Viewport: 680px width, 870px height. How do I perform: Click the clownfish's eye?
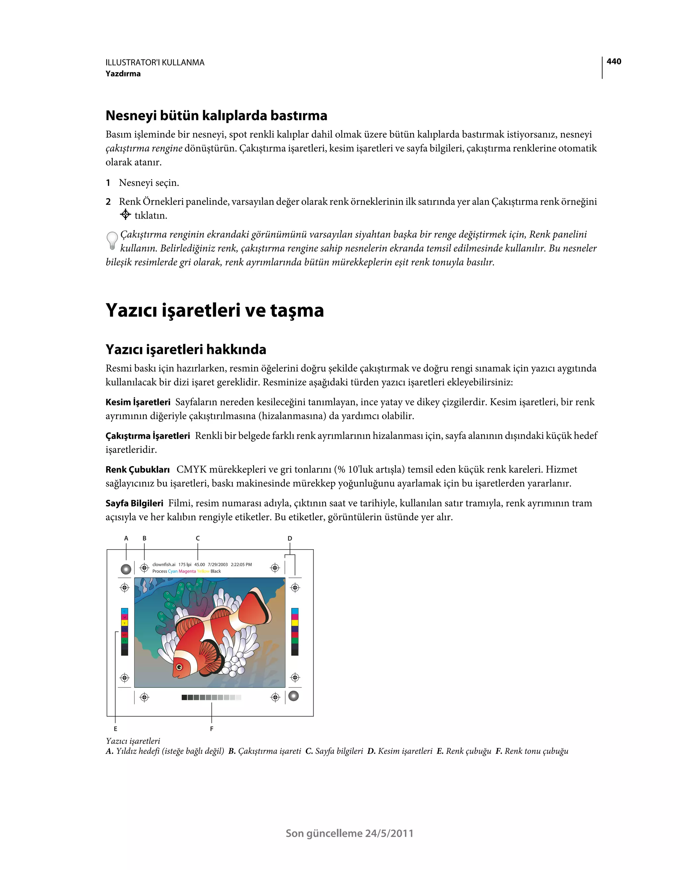(x=179, y=667)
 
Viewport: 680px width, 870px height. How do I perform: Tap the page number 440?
(x=614, y=61)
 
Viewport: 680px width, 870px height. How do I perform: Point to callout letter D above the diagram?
(x=290, y=538)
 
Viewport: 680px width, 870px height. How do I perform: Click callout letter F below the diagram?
(x=212, y=729)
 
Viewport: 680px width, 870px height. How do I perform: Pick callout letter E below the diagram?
(x=116, y=729)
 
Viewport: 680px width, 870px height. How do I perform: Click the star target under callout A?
(x=126, y=569)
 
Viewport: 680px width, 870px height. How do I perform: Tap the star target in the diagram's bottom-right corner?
(x=294, y=696)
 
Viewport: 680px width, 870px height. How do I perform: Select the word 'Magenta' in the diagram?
(x=187, y=571)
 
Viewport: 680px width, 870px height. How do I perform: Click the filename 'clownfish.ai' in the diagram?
(x=164, y=565)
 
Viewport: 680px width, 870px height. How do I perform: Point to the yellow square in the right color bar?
(x=295, y=623)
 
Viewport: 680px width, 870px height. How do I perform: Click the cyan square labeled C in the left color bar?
(x=125, y=611)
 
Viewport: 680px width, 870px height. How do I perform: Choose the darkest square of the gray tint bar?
(x=184, y=698)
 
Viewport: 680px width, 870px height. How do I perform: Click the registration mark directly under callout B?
(x=144, y=567)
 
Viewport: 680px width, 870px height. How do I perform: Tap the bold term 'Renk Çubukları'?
(x=137, y=469)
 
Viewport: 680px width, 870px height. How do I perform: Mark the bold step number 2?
(x=108, y=202)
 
